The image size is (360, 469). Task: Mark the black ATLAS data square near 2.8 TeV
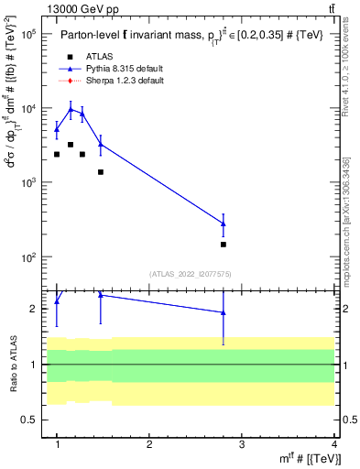click(224, 245)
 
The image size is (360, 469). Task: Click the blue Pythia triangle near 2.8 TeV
click(224, 224)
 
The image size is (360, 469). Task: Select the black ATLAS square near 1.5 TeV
click(101, 171)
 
